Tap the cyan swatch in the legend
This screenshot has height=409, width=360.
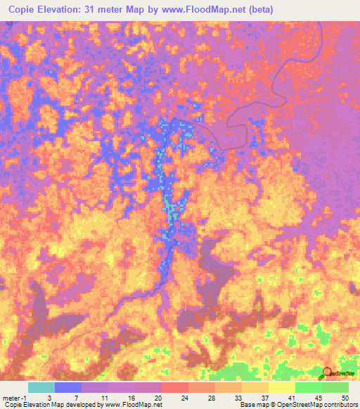coord(41,387)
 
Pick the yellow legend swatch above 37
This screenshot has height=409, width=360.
coord(255,387)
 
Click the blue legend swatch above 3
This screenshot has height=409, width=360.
coord(68,387)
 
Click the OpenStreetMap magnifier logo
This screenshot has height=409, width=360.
coord(326,373)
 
